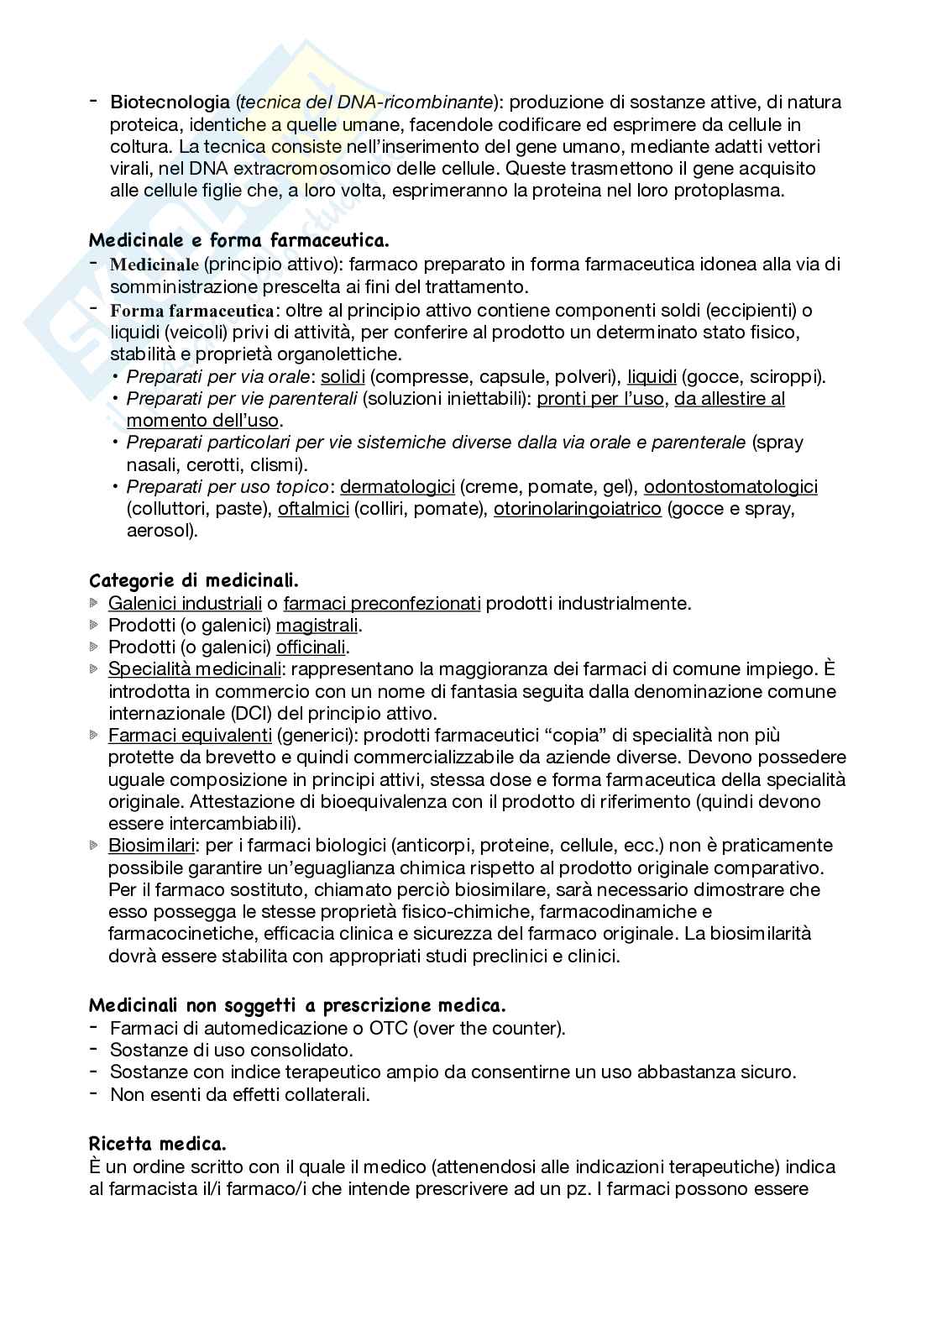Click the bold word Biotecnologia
[170, 102]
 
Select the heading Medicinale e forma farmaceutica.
[239, 240]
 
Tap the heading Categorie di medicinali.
[194, 580]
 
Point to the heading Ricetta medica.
[158, 1144]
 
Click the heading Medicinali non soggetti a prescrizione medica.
[297, 1005]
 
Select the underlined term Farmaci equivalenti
[190, 736]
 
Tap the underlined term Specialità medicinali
[195, 669]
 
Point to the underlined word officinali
[311, 647]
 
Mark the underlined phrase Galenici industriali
[186, 603]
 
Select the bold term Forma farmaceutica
[192, 310]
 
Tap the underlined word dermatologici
[397, 487]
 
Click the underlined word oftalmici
[313, 509]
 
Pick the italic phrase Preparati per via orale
[220, 376]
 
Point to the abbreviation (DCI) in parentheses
[202, 714]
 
